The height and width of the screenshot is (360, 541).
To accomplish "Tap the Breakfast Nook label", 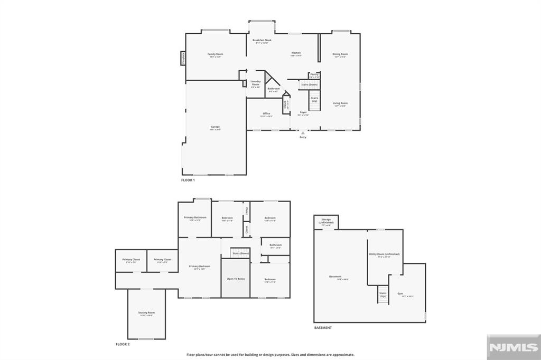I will (262, 41).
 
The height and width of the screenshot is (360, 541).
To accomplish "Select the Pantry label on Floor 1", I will (314, 75).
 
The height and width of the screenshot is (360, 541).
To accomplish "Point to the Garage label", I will (215, 127).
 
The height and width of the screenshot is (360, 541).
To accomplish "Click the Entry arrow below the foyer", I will (303, 134).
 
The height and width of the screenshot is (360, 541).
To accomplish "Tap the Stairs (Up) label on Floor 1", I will (314, 99).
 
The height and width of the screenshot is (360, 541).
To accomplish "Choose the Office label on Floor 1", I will (267, 114).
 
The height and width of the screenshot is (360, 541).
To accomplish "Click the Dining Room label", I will (340, 54).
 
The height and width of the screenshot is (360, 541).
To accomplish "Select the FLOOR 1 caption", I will (188, 180).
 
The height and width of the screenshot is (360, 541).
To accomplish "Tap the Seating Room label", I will (146, 313).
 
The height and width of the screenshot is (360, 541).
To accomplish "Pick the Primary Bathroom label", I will (195, 218).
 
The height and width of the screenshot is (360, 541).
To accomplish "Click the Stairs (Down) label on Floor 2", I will (241, 253).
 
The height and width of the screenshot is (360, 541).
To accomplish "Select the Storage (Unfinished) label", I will (326, 222).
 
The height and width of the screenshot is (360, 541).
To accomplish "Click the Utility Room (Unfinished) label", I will (384, 254).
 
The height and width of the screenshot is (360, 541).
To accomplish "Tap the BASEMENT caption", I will (323, 328).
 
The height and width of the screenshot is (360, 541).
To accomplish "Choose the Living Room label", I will (340, 103).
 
